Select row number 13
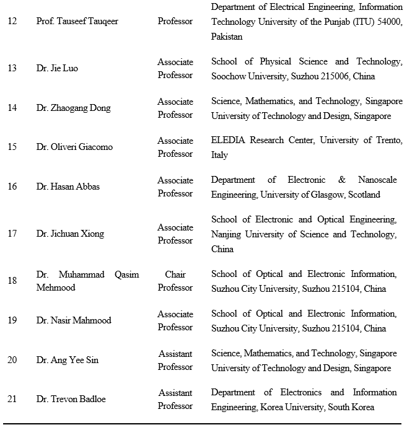(x=12, y=69)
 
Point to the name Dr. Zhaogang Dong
(x=73, y=108)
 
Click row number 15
(x=12, y=147)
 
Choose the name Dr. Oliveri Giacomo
(x=74, y=147)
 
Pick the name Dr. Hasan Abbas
(x=68, y=186)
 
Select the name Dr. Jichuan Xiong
(x=70, y=234)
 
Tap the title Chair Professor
(x=175, y=281)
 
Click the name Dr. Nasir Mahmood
(x=74, y=320)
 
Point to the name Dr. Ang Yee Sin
(x=67, y=360)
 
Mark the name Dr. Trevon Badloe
(x=71, y=399)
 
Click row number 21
(x=12, y=399)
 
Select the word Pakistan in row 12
(x=226, y=37)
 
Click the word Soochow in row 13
(x=229, y=76)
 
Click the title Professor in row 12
(x=175, y=22)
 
